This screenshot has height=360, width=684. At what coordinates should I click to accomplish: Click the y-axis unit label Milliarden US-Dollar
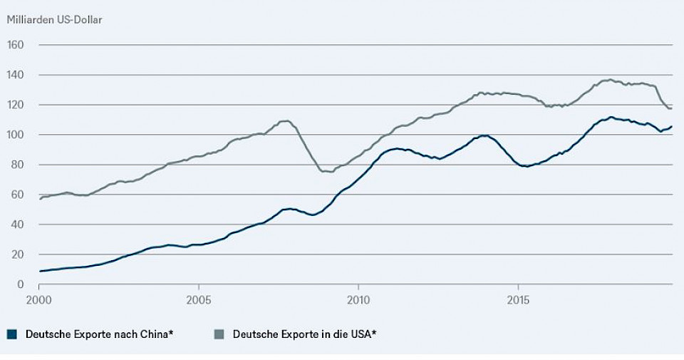54,19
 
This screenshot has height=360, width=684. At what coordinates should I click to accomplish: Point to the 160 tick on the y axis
16,45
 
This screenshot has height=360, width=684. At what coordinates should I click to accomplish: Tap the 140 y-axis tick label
16,75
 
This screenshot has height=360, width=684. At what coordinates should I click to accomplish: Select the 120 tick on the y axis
16,105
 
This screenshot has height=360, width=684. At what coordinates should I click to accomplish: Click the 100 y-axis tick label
16,135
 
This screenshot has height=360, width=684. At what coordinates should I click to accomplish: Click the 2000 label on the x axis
38,299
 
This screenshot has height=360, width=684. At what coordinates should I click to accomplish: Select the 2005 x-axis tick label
198,299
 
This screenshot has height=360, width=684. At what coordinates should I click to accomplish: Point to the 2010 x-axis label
358,299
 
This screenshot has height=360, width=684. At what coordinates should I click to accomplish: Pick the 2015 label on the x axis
518,299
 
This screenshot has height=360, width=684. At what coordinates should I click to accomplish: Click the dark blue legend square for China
11,333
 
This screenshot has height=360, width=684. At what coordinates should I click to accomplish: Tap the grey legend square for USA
219,333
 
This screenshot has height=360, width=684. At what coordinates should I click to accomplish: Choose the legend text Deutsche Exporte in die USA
304,333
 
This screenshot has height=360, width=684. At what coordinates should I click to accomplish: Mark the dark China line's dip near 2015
526,166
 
